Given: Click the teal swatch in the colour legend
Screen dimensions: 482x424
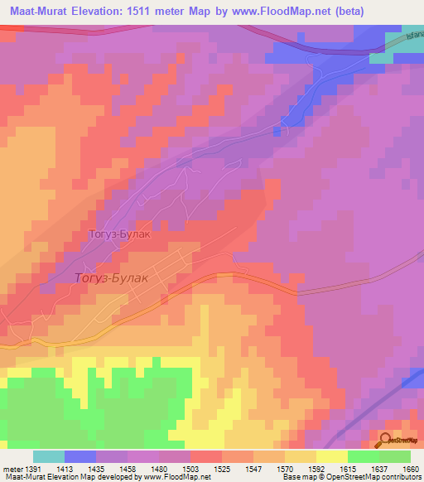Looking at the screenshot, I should pos(48,456).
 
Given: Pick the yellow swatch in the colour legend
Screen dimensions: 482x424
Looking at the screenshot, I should pos(331,456).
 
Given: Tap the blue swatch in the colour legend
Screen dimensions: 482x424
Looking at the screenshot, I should pos(79,456).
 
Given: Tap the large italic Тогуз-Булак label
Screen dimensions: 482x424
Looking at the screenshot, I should pos(112,278).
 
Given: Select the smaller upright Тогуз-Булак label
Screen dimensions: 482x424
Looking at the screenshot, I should pos(120,234).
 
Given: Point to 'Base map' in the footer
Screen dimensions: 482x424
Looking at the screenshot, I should pos(299,478).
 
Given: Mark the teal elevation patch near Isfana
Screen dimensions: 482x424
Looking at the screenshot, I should pos(381,58).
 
